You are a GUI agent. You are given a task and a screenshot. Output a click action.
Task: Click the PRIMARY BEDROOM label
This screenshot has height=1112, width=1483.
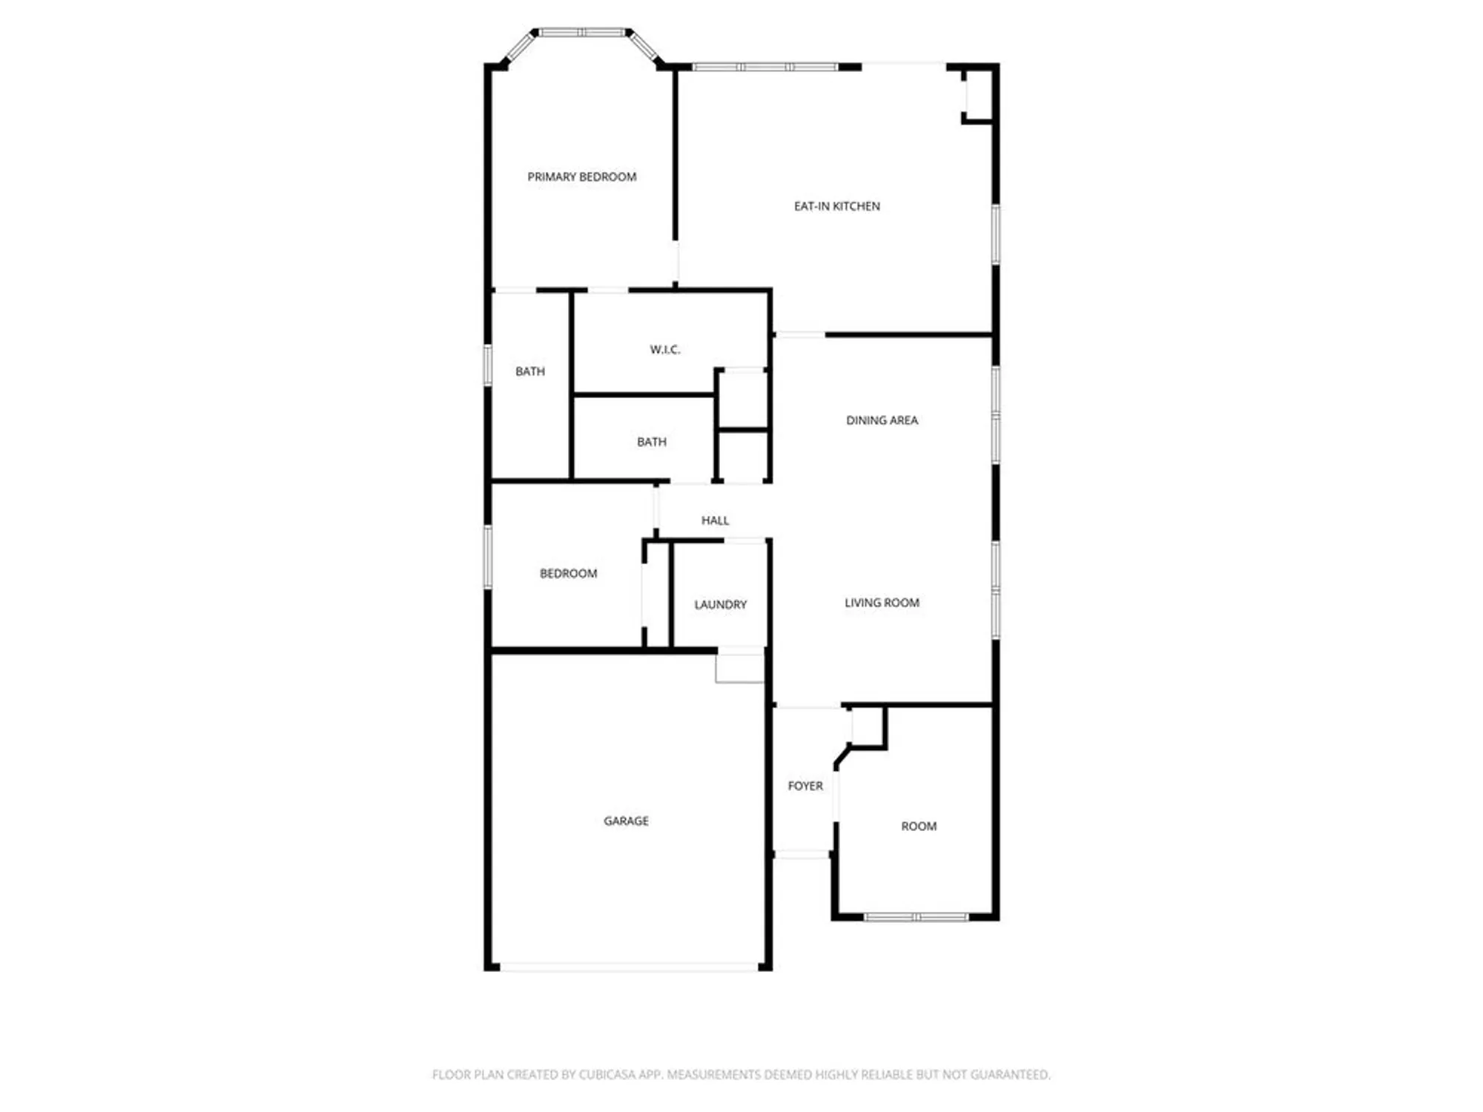tap(581, 176)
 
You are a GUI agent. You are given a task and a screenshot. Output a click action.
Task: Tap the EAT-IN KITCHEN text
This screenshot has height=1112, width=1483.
tap(836, 206)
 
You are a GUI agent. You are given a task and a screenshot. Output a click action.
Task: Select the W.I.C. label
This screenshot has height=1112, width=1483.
tap(664, 349)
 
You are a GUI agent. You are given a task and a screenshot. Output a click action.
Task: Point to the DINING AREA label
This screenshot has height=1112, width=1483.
tap(882, 420)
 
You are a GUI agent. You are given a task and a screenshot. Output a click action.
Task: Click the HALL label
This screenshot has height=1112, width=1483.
tap(715, 520)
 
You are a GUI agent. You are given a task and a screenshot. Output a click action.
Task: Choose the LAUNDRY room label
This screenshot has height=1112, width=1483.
tap(720, 605)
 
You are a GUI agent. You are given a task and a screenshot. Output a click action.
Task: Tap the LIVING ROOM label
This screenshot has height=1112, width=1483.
tap(882, 603)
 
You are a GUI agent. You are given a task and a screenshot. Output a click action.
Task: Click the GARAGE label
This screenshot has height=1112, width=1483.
tap(626, 821)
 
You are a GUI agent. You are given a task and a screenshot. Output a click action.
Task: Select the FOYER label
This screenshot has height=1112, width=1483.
tap(805, 786)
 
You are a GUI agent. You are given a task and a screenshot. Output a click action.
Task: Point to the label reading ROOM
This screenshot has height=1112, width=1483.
tap(919, 826)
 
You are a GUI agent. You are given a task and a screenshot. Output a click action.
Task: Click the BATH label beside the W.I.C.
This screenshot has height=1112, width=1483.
tap(529, 371)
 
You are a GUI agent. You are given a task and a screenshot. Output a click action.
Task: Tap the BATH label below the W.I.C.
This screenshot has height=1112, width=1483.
tap(651, 442)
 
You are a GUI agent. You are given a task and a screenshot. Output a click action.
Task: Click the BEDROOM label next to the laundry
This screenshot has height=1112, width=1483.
tap(568, 573)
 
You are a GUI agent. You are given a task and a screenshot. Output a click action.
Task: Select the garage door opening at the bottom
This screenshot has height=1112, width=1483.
tap(629, 967)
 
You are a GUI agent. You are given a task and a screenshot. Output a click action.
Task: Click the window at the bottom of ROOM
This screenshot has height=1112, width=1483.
tap(916, 917)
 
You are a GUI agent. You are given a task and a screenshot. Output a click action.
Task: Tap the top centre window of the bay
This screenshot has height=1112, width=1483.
tap(582, 33)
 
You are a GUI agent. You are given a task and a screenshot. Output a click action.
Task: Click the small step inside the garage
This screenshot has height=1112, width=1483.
tap(739, 668)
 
